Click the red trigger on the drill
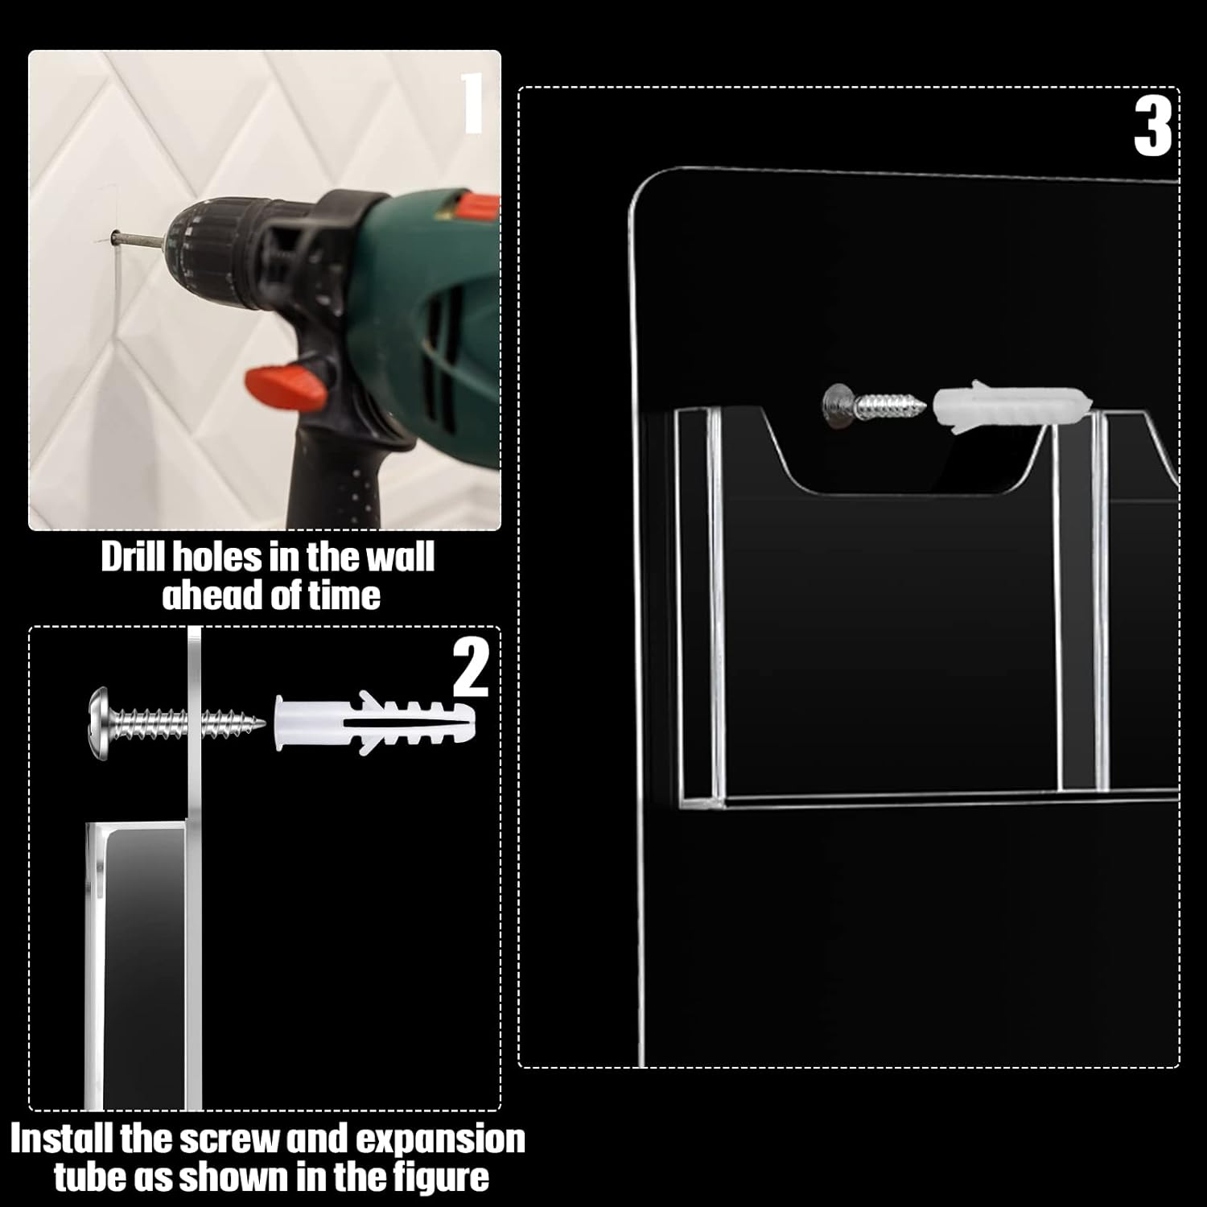click(x=286, y=384)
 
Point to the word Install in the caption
click(x=63, y=1139)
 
